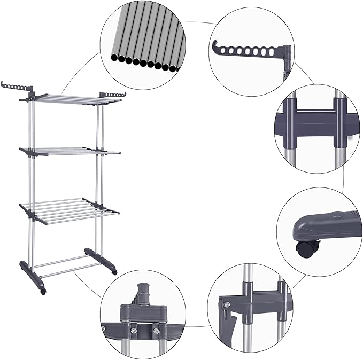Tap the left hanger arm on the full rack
(x=17, y=86)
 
